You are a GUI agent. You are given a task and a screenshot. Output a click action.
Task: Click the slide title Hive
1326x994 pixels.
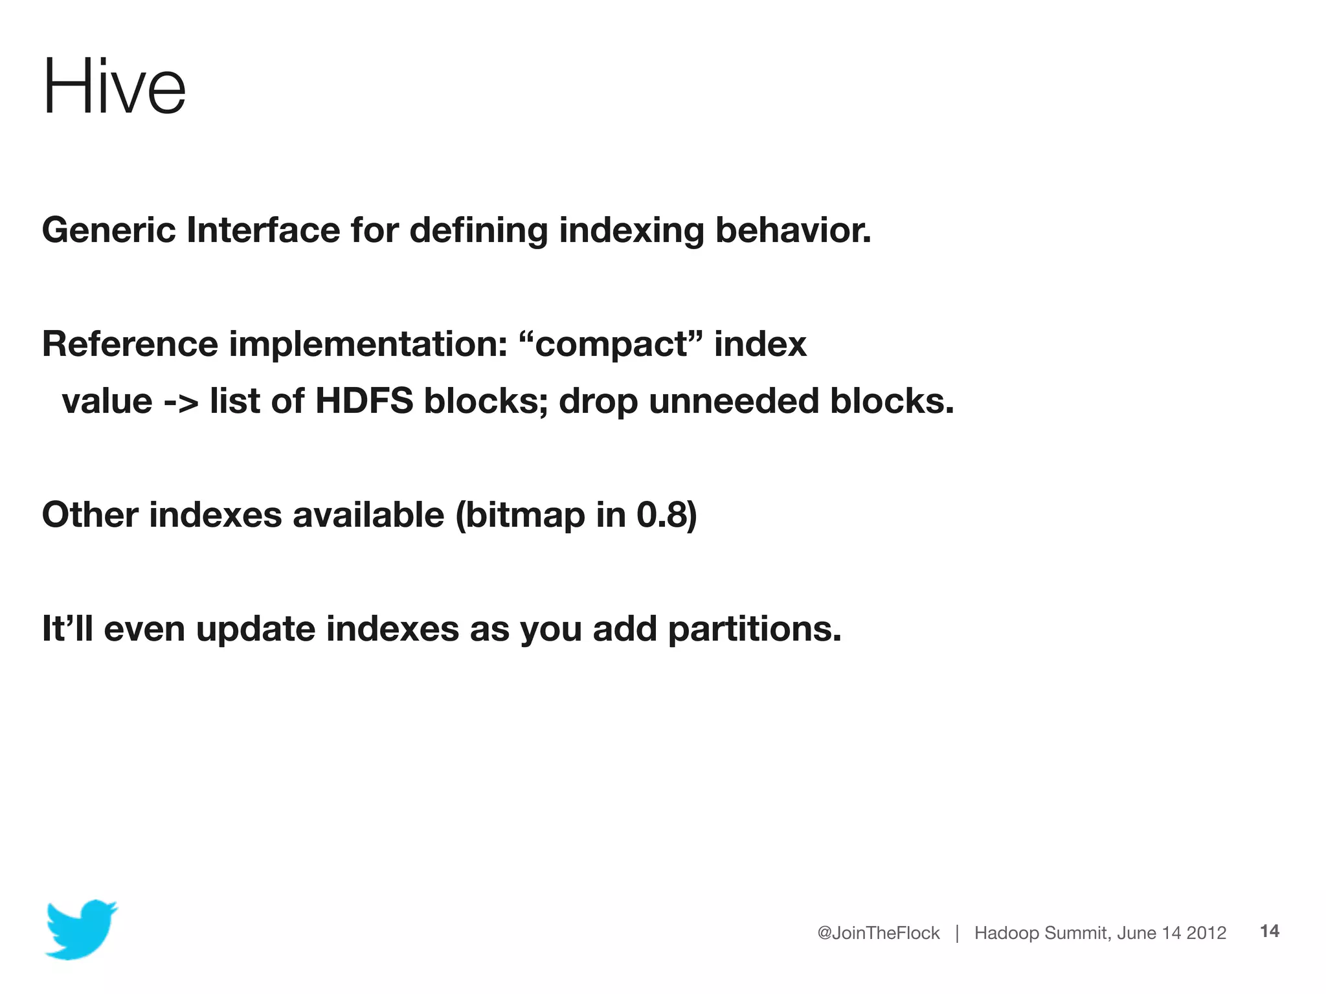[114, 87]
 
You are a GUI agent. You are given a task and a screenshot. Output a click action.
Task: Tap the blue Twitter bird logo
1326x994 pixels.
[80, 929]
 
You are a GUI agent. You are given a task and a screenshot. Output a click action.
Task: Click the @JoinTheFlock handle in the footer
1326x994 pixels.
[878, 933]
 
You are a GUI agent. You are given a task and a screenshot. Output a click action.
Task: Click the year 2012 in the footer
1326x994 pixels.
[1206, 933]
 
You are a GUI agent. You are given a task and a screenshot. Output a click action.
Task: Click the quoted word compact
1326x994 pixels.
[611, 344]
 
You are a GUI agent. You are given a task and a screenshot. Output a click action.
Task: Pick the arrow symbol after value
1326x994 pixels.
[181, 402]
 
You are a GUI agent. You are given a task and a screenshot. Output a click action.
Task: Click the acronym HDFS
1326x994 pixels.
[364, 401]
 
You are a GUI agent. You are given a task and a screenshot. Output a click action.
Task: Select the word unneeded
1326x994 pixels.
[734, 401]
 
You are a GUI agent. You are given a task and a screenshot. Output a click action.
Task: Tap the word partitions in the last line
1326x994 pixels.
[754, 629]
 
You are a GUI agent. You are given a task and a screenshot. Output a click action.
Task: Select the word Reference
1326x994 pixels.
[129, 344]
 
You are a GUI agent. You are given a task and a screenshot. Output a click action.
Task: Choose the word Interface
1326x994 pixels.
[263, 230]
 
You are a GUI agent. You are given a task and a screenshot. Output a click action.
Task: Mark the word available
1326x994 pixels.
[368, 514]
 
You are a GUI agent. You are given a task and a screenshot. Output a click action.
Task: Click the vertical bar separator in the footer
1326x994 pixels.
[957, 933]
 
